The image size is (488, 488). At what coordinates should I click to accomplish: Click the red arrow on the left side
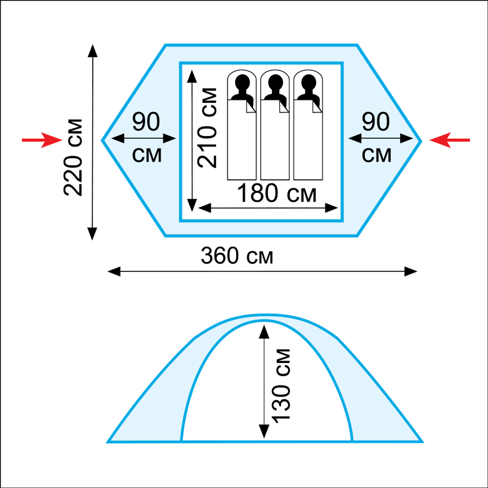pyautogui.click(x=42, y=140)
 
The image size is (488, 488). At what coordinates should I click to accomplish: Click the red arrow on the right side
pyautogui.click(x=449, y=140)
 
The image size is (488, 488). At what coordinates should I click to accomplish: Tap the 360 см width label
pyautogui.click(x=237, y=256)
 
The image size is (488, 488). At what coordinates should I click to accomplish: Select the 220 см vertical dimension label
pyautogui.click(x=73, y=157)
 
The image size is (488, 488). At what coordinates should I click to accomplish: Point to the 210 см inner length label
pyautogui.click(x=207, y=128)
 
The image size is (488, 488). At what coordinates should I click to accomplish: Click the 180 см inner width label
pyautogui.click(x=277, y=193)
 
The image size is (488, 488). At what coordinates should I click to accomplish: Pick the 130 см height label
pyautogui.click(x=281, y=386)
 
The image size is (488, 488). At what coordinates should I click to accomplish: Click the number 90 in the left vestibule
pyautogui.click(x=146, y=122)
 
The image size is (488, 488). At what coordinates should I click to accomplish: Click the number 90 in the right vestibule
pyautogui.click(x=376, y=122)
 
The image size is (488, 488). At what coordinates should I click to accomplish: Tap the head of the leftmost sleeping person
pyautogui.click(x=243, y=82)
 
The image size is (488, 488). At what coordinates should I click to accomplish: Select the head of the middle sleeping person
pyautogui.click(x=275, y=82)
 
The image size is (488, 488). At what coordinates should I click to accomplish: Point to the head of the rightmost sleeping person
pyautogui.click(x=309, y=82)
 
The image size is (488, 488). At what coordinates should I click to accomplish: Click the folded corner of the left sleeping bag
pyautogui.click(x=250, y=106)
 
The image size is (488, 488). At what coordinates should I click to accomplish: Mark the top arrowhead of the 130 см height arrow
pyautogui.click(x=264, y=332)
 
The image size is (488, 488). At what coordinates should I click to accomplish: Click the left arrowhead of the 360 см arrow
pyautogui.click(x=114, y=271)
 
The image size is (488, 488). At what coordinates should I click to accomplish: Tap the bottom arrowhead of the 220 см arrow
pyautogui.click(x=92, y=234)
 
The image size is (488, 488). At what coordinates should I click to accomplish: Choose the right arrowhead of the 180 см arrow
pyautogui.click(x=331, y=208)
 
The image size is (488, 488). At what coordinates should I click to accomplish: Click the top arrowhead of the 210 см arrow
pyautogui.click(x=192, y=76)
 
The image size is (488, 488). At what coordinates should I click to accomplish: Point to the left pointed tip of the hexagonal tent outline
pyautogui.click(x=102, y=141)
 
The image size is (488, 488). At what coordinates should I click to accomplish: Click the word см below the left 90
pyautogui.click(x=147, y=155)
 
